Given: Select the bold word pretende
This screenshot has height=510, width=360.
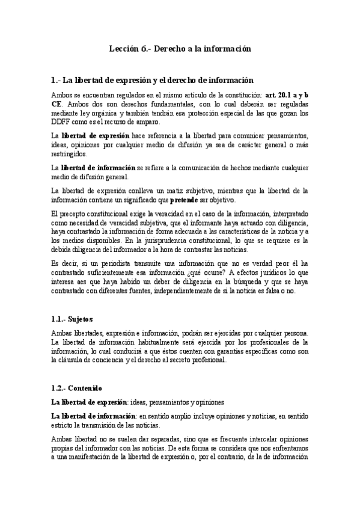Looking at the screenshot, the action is (188, 200).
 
